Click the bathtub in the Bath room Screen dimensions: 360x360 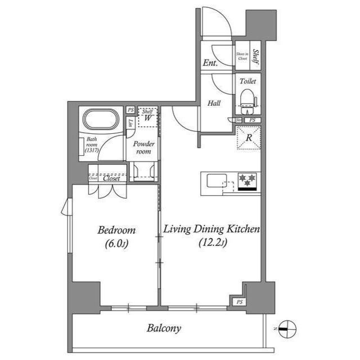(101, 120)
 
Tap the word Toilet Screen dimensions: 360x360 (247, 81)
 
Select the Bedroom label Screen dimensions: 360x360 (116, 230)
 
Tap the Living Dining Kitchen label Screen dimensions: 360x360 (211, 229)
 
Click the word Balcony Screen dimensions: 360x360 (164, 328)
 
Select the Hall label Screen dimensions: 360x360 (214, 103)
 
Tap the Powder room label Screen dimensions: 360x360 (143, 147)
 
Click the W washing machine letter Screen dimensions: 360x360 (147, 118)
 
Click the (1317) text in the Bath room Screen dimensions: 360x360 (92, 151)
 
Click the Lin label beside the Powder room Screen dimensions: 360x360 (130, 123)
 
